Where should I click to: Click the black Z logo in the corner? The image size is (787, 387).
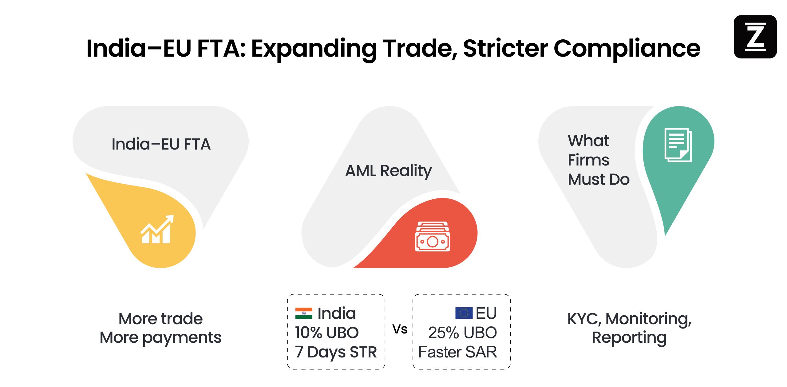(755, 37)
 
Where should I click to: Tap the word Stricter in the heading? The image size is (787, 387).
(505, 48)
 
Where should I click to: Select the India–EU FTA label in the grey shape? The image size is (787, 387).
(161, 144)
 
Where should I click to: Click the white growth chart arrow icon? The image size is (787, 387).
(157, 229)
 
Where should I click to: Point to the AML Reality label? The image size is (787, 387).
(388, 171)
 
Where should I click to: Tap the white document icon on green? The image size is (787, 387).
(678, 145)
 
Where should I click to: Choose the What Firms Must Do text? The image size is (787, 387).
(598, 160)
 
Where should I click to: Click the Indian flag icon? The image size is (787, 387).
(304, 313)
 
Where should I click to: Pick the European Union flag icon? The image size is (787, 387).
(464, 313)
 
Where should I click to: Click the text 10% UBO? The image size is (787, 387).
(326, 333)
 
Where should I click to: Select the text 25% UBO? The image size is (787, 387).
(462, 333)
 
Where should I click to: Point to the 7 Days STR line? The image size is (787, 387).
(336, 352)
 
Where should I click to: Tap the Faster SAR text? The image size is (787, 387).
(457, 352)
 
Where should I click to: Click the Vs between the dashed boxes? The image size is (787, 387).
(400, 329)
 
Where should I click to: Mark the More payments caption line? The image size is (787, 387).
(160, 338)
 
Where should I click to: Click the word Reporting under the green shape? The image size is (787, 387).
(629, 338)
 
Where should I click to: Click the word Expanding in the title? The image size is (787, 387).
(314, 48)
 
